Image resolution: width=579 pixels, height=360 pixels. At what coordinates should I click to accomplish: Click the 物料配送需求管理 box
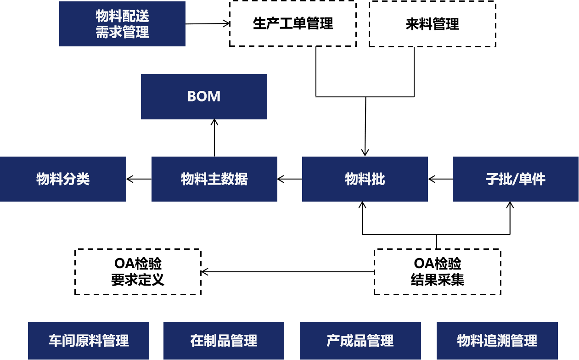(x=122, y=24)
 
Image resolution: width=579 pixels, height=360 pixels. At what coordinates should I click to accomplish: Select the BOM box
(x=204, y=96)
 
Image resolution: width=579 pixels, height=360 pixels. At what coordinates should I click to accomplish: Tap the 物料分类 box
(x=63, y=179)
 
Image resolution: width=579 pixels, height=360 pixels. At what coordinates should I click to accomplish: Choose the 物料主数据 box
(x=214, y=179)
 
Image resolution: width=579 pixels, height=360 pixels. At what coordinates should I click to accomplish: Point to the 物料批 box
(x=365, y=179)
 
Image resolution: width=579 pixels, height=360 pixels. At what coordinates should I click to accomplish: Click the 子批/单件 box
(x=516, y=179)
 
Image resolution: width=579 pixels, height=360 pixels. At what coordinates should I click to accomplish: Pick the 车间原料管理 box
(x=89, y=341)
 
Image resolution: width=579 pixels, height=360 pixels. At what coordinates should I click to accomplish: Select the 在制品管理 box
(x=224, y=341)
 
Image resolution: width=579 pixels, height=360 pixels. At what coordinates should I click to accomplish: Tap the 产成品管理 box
(x=360, y=341)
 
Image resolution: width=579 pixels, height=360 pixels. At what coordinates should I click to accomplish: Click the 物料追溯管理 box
(x=497, y=341)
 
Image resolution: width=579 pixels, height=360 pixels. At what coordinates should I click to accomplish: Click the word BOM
(x=204, y=96)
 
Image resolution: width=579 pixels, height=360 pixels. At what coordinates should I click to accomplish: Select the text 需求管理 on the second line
(x=122, y=33)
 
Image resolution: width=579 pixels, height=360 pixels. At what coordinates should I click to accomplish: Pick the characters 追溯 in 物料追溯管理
(x=497, y=341)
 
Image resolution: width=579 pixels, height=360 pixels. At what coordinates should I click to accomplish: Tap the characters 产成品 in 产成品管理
(x=347, y=341)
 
